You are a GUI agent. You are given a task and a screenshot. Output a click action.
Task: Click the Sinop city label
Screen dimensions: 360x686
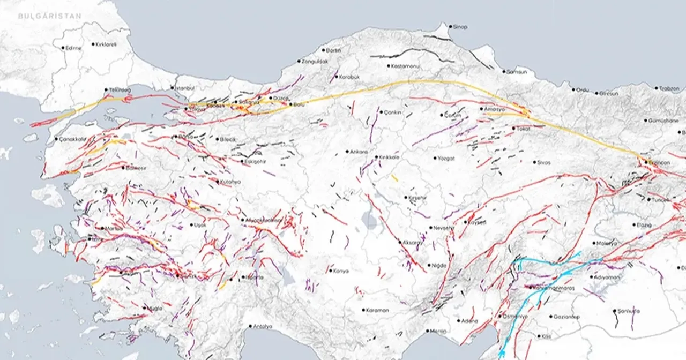click(460, 27)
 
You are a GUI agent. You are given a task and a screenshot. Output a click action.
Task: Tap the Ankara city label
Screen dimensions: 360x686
click(359, 152)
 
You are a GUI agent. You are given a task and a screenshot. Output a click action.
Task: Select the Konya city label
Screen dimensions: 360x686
click(341, 271)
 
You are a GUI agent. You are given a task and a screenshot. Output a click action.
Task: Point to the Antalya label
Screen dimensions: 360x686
click(263, 326)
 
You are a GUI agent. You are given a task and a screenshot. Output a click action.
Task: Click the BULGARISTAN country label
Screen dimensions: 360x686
click(50, 16)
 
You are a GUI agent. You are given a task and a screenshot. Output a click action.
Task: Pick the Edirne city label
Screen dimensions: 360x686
click(73, 48)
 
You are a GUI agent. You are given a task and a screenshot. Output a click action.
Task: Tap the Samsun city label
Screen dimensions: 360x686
click(517, 71)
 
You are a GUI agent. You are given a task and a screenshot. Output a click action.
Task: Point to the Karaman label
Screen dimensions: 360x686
click(378, 310)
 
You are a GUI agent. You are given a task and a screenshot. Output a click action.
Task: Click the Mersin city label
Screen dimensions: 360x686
click(438, 331)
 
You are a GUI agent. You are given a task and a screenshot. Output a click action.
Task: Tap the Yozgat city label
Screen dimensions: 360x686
click(446, 158)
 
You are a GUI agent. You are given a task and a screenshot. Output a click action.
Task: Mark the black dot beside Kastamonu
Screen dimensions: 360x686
click(390, 66)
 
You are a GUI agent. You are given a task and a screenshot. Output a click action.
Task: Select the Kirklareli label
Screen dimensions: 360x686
click(106, 44)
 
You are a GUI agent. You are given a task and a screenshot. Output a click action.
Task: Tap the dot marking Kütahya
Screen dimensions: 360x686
click(218, 182)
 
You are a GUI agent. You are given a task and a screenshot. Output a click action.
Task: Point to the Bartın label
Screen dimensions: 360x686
click(333, 50)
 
